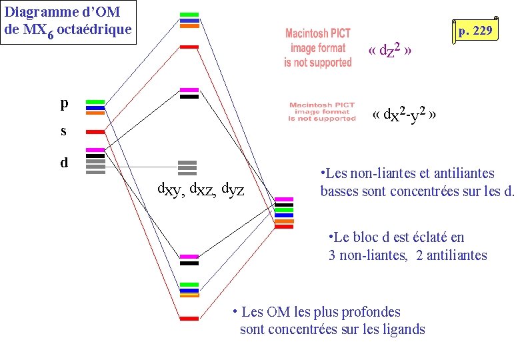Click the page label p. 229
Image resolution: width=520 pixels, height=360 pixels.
(x=475, y=30)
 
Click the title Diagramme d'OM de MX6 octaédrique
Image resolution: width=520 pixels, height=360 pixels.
(x=68, y=21)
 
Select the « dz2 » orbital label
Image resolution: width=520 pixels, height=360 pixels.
(x=393, y=51)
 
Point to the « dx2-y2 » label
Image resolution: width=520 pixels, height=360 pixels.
(x=405, y=115)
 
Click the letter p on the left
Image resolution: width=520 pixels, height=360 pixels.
(x=64, y=103)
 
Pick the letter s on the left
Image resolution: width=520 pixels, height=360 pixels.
(x=64, y=131)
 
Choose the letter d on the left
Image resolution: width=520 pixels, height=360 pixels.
(x=64, y=162)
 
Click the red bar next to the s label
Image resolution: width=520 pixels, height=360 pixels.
(x=95, y=132)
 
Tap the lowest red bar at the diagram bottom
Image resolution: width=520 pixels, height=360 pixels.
(x=189, y=319)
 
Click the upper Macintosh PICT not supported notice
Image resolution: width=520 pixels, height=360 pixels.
(x=318, y=47)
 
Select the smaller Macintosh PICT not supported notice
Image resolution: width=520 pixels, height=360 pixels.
(x=322, y=111)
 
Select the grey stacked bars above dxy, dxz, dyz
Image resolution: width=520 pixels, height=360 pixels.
(x=188, y=167)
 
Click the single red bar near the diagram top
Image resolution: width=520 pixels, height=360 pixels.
(x=189, y=47)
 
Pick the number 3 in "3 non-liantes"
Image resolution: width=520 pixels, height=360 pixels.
(x=332, y=255)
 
